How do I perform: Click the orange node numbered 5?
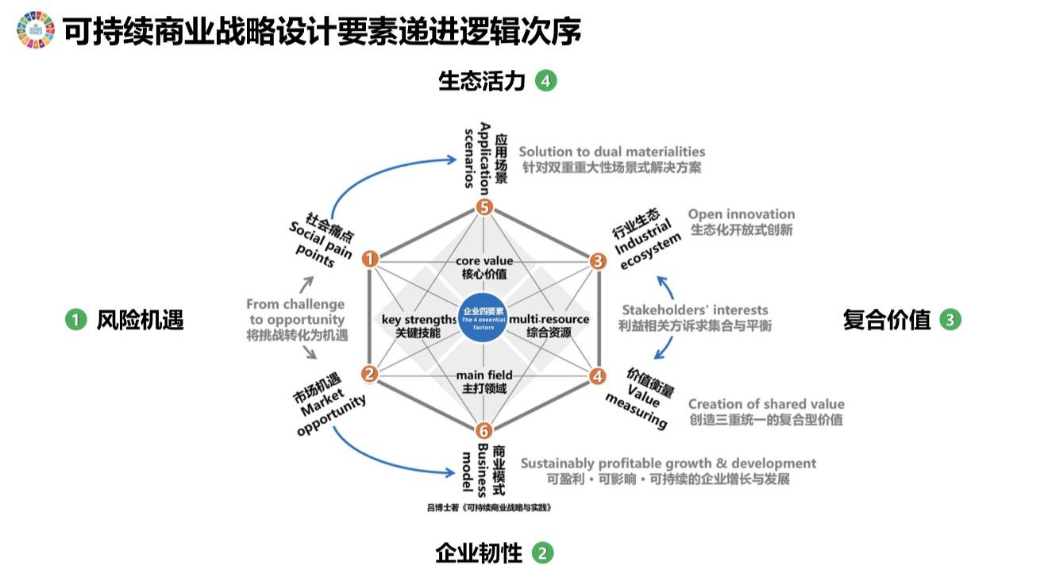(484, 208)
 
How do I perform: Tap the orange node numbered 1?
(370, 259)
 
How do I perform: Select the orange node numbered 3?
(597, 259)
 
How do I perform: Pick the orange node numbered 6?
(484, 431)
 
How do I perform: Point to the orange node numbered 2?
(370, 374)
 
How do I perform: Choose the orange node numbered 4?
(597, 374)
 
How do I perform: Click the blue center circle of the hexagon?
(484, 317)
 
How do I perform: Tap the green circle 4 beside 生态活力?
(545, 80)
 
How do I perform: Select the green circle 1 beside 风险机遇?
(75, 320)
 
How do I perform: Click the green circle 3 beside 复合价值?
(950, 320)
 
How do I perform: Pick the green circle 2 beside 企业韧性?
(542, 553)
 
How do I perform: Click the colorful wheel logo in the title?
(35, 30)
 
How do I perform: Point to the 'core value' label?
(484, 261)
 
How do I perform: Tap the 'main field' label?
(484, 375)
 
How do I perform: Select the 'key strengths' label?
(418, 319)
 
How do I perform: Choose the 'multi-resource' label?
(549, 319)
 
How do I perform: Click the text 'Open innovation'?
(741, 214)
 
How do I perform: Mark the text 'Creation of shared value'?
(766, 404)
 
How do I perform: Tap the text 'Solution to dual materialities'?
(611, 152)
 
